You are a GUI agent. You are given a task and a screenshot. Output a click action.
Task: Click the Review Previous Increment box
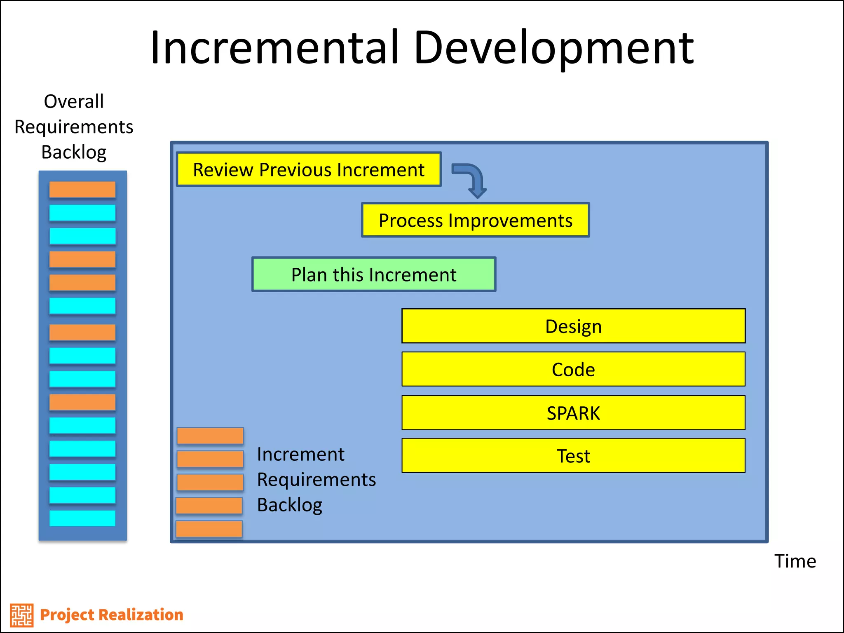click(309, 169)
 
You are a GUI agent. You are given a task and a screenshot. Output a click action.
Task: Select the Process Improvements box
click(475, 220)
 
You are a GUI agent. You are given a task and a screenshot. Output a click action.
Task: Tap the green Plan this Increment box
click(374, 274)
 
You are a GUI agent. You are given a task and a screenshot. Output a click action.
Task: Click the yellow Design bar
click(573, 326)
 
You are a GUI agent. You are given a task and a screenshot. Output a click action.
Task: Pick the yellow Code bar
click(573, 369)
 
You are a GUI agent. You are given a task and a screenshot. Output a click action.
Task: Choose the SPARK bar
click(573, 413)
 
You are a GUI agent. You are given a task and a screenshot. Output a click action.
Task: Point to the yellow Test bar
click(573, 455)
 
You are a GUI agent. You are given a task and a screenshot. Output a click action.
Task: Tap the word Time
click(795, 561)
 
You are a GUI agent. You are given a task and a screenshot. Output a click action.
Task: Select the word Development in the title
click(553, 49)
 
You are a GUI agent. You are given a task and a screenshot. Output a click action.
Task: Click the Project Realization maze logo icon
click(21, 615)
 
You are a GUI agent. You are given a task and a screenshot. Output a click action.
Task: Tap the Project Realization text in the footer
click(111, 614)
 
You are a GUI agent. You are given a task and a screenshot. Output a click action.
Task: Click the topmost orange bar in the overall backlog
click(82, 190)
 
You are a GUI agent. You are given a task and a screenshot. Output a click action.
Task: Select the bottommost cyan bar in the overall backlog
click(82, 518)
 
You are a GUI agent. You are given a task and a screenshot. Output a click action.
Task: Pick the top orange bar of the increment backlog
click(210, 436)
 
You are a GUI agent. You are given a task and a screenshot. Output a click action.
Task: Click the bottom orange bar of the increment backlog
click(209, 529)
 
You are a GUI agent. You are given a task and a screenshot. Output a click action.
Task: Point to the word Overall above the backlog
click(74, 101)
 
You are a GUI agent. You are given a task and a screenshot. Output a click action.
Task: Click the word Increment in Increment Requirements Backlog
click(300, 454)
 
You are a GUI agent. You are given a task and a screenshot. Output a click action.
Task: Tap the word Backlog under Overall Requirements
click(74, 152)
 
